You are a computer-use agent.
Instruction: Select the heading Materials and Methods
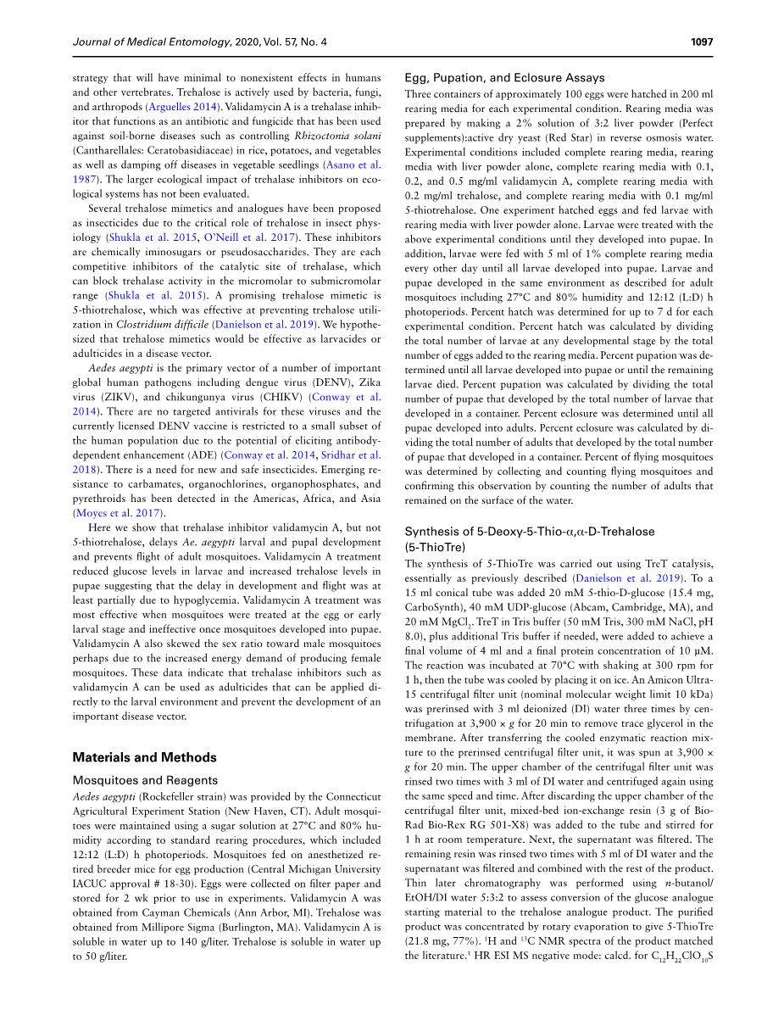coord(144,757)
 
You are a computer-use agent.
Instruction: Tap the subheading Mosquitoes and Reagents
coord(145,780)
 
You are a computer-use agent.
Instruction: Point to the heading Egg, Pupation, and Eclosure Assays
coord(504,78)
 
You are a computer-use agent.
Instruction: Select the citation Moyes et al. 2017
coord(119,512)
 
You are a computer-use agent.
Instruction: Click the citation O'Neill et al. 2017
coord(253,237)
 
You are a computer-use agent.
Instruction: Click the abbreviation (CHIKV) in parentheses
coord(281,397)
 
